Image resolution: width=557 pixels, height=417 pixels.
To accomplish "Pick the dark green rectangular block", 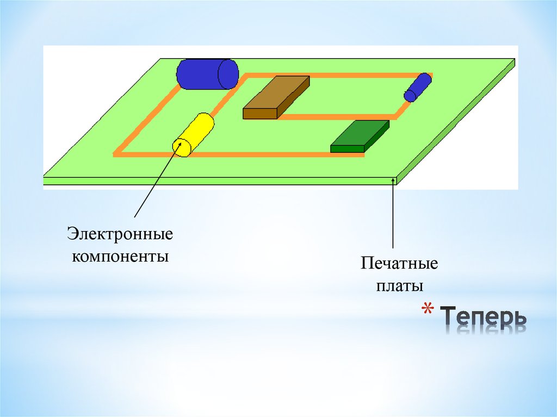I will [360, 136].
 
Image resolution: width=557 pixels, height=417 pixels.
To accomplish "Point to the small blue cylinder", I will [417, 87].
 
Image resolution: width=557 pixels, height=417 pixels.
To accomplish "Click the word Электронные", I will [120, 235].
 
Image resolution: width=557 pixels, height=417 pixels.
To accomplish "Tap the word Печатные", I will [399, 265].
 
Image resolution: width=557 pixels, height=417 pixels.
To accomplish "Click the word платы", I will [399, 285].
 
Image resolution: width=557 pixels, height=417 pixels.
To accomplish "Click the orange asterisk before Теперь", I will [429, 313].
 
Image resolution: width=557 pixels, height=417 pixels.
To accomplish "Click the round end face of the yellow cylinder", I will [181, 147].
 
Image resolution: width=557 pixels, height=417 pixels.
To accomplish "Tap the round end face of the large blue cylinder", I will [228, 73].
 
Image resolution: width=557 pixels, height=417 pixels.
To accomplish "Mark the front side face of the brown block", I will [260, 114].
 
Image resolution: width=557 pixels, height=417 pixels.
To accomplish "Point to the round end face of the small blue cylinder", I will [410, 96].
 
